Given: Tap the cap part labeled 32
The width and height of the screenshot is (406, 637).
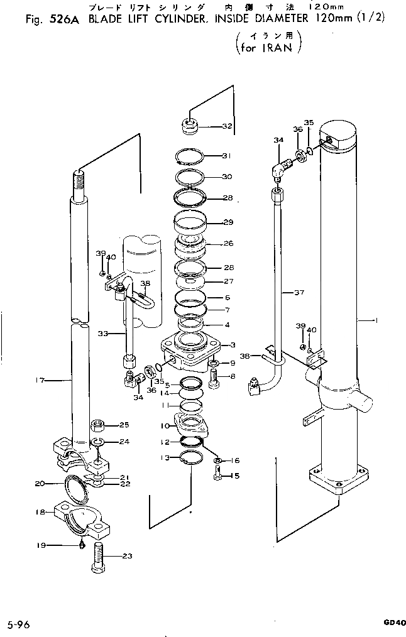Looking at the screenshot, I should click(x=189, y=126).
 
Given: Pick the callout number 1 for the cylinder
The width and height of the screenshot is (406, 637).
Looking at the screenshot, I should click(x=375, y=320).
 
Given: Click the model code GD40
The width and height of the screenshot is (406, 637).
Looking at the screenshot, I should click(x=394, y=622).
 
